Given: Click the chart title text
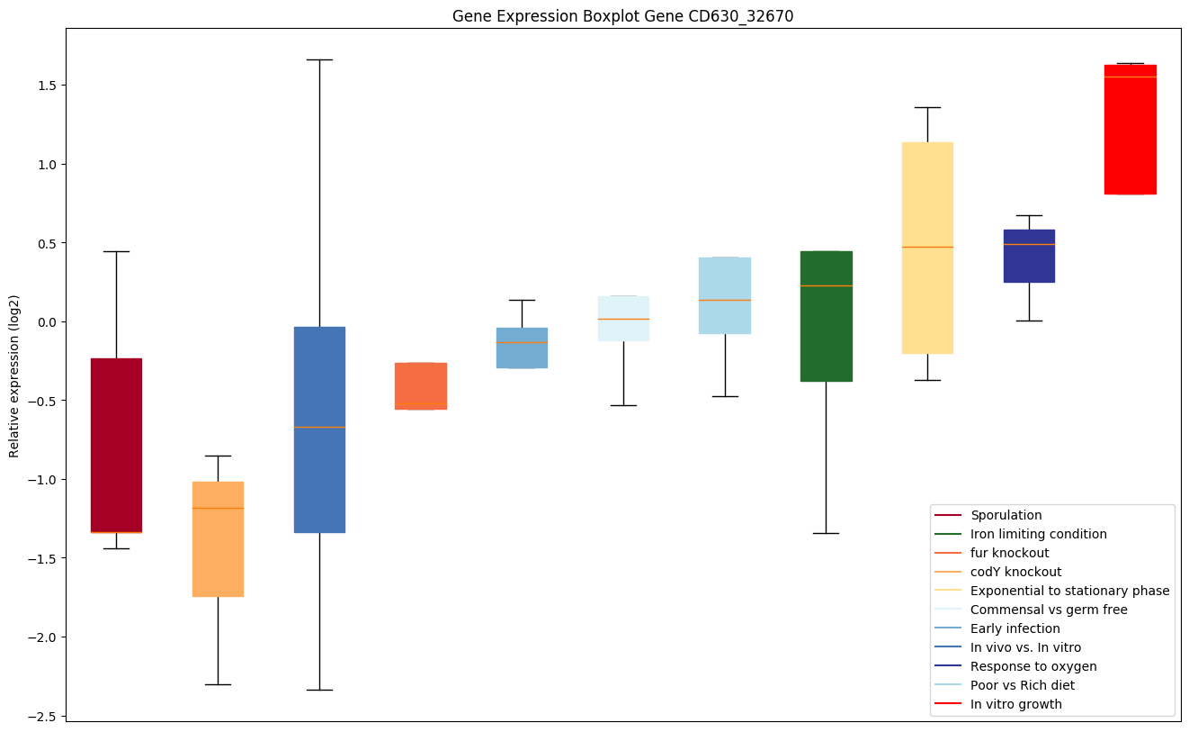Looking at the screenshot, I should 622,16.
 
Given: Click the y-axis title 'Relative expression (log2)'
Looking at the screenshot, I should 14,375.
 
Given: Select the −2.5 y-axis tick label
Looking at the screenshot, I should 40,716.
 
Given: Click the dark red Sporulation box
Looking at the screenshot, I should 116,445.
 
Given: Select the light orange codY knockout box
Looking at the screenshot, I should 218,538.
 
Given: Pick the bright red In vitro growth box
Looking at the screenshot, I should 1130,130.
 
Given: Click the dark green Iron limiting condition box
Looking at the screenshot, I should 826,316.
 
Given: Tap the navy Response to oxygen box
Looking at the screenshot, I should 1029,256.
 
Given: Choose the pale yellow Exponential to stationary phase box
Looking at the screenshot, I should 927,248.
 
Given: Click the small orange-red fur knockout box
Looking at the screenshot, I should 421,385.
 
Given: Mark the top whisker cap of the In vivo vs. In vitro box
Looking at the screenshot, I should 319,59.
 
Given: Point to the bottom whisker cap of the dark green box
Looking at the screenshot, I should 826,533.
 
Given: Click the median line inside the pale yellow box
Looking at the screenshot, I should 927,247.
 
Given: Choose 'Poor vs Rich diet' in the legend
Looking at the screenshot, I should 1022,685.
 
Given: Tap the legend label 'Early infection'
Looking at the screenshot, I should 1015,628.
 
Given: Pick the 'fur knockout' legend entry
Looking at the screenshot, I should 1009,553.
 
